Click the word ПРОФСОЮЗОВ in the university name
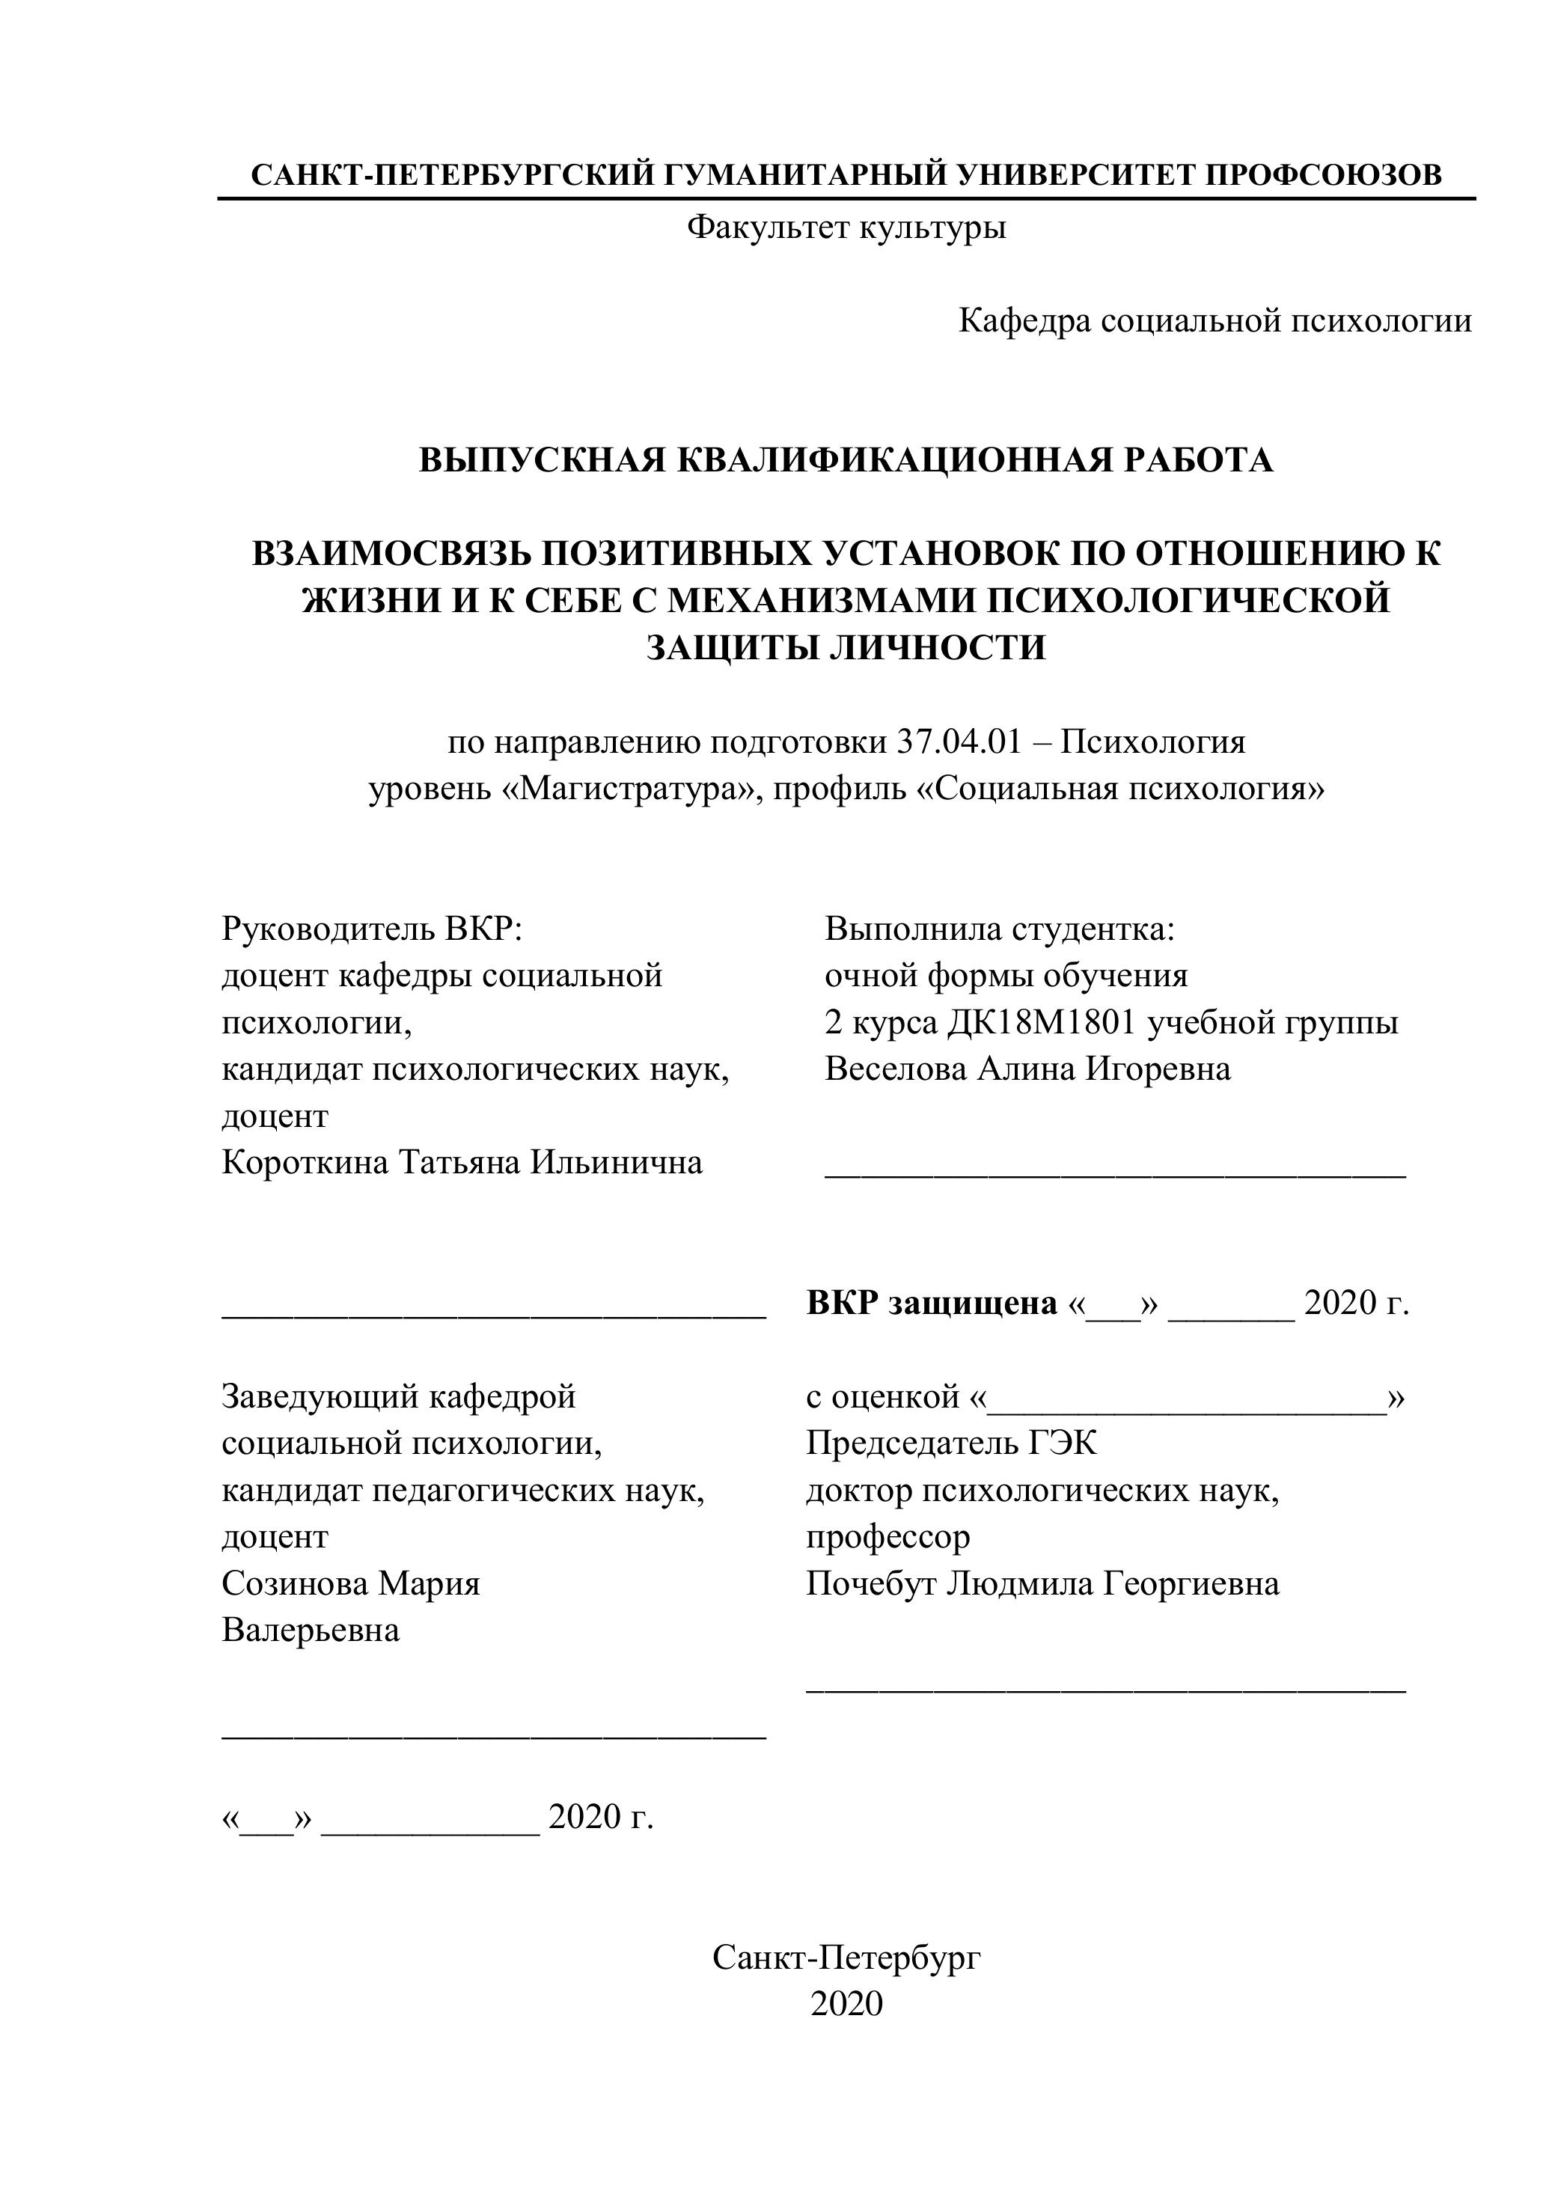coord(1324,174)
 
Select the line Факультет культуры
coord(846,227)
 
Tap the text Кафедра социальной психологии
coord(1215,321)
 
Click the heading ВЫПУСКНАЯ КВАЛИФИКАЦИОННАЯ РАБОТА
coord(846,460)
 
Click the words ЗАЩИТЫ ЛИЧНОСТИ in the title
coord(846,647)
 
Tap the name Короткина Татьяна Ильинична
coord(462,1163)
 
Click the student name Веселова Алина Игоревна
coord(1027,1069)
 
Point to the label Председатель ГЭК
coord(951,1443)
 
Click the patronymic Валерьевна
coord(311,1630)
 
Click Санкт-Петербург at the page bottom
coord(846,1958)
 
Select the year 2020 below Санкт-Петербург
coord(846,2004)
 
